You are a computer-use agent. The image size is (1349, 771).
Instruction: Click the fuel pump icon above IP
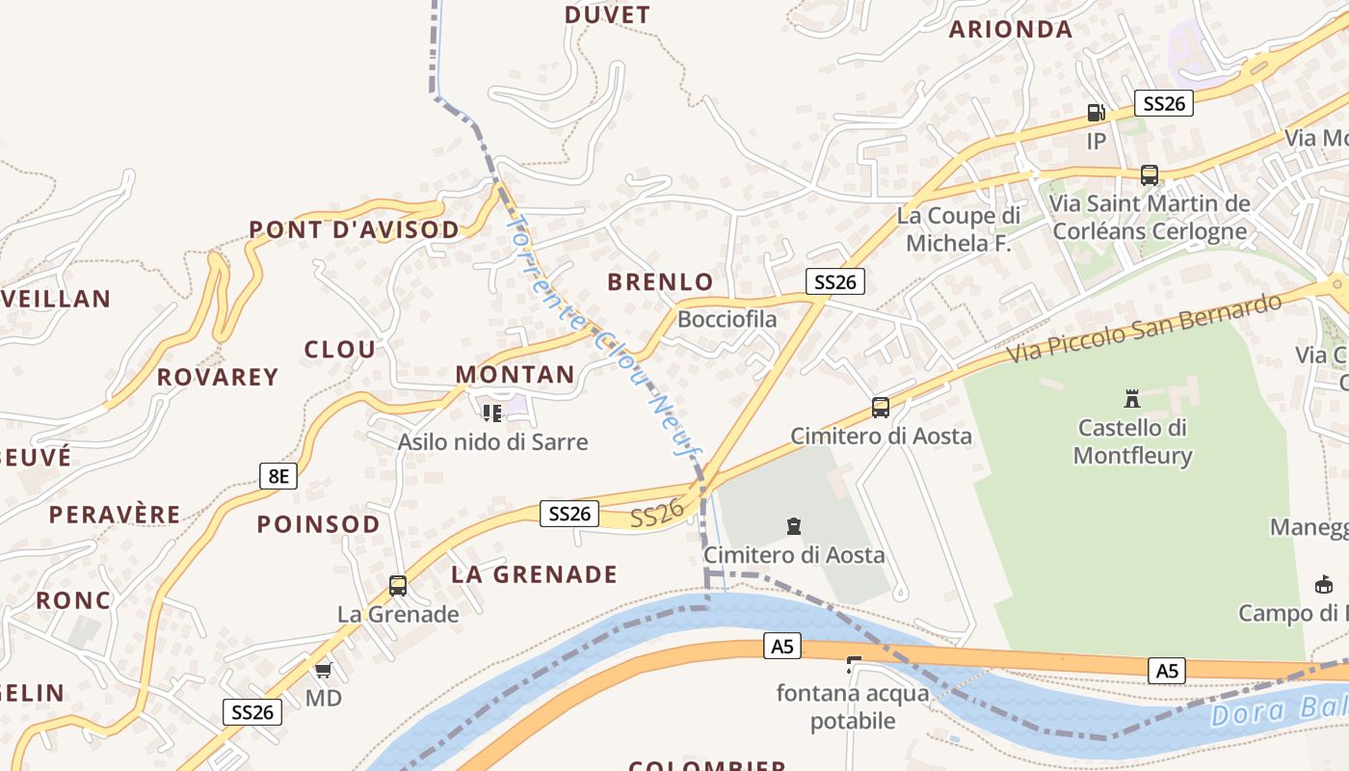(x=1096, y=113)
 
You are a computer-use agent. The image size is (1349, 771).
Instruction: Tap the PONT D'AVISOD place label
(x=354, y=229)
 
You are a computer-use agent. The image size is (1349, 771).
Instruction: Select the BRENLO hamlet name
(x=660, y=282)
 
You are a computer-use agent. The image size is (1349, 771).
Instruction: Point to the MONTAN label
(x=515, y=375)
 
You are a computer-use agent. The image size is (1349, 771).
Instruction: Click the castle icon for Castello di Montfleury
(x=1132, y=398)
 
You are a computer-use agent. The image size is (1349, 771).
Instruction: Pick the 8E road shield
(x=278, y=475)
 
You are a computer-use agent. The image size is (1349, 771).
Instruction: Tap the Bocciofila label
(x=727, y=319)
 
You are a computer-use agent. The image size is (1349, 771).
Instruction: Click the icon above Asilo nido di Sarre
(x=492, y=413)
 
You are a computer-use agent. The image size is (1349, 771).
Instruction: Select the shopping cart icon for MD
(x=323, y=670)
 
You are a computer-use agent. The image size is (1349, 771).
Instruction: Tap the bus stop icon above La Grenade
(x=398, y=585)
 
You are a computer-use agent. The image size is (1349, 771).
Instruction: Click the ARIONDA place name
(x=1010, y=30)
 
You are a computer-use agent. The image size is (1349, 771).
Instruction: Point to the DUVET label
(x=607, y=15)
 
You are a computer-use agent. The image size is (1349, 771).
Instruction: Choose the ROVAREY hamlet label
(x=218, y=377)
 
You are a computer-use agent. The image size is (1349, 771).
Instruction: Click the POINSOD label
(x=318, y=524)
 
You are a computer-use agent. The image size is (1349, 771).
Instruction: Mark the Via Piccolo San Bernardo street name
(x=1145, y=328)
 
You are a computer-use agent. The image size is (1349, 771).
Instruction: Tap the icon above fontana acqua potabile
(x=852, y=664)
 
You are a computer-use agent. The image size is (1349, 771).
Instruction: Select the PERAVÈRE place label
(x=115, y=515)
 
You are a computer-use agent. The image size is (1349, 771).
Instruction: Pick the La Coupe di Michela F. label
(x=958, y=229)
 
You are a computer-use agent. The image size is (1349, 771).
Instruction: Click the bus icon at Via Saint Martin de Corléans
(x=1149, y=175)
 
